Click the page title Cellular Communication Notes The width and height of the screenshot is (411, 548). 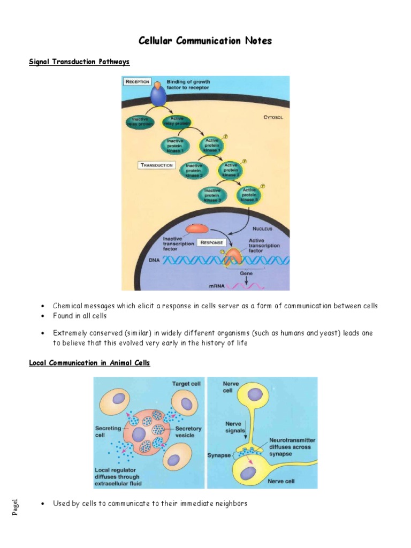(205, 41)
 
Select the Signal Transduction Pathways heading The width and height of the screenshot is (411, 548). (79, 62)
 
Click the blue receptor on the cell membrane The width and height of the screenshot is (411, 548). (157, 95)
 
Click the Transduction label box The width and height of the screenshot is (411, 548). (157, 165)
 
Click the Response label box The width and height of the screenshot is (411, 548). (211, 242)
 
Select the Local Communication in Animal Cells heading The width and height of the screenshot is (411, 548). (89, 363)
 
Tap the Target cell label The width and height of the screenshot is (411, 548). (186, 384)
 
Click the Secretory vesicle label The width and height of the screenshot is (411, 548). (188, 432)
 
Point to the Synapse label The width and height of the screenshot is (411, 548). (219, 455)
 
